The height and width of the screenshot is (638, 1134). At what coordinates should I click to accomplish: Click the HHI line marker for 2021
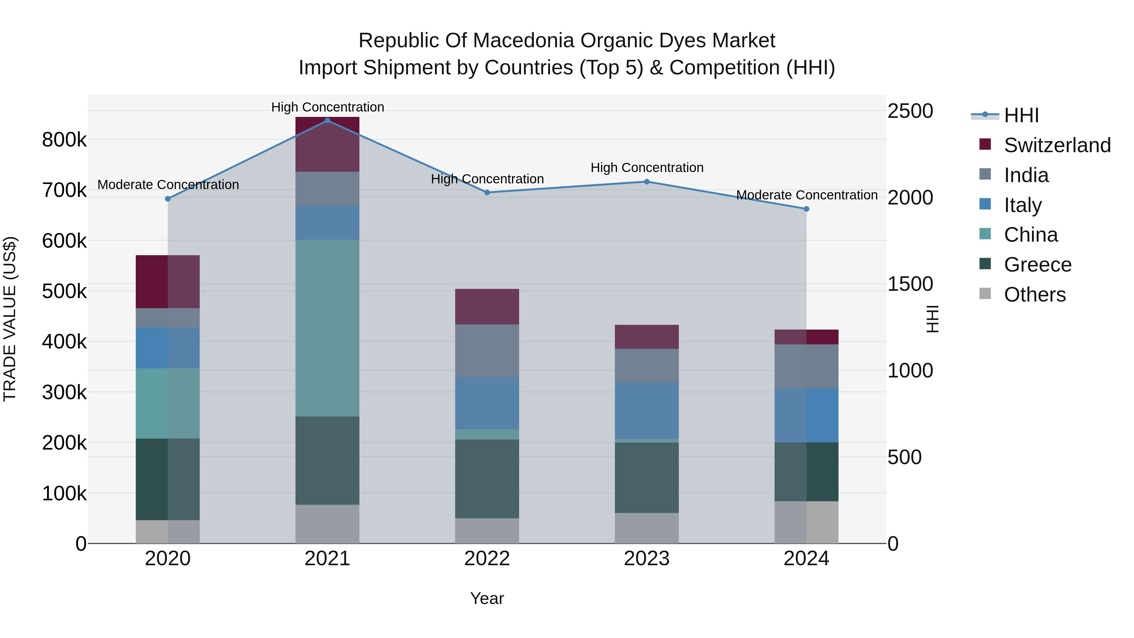(x=327, y=121)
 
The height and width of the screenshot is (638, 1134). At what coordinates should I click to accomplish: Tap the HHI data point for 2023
(x=647, y=182)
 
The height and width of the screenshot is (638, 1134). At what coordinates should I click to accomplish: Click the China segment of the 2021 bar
(x=327, y=328)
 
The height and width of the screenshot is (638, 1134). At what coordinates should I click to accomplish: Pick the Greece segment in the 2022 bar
(x=487, y=479)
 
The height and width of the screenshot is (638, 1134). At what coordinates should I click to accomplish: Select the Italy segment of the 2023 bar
(x=647, y=410)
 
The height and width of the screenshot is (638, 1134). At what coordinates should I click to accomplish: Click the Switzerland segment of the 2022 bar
(x=487, y=307)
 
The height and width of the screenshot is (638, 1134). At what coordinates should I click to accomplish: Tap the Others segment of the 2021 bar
(x=327, y=524)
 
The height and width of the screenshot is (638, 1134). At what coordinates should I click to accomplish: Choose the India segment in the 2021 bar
(x=327, y=188)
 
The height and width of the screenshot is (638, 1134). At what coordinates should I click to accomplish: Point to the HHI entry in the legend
(x=1021, y=115)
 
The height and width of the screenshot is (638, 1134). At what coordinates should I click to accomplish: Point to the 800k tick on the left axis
(x=64, y=140)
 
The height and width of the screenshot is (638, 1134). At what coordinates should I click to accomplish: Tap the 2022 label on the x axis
(x=487, y=559)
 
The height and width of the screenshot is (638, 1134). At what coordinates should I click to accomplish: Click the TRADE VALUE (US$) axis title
(x=10, y=319)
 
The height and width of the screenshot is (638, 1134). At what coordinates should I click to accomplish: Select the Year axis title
(x=487, y=598)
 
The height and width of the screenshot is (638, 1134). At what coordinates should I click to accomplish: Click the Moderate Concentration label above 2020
(x=168, y=185)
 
